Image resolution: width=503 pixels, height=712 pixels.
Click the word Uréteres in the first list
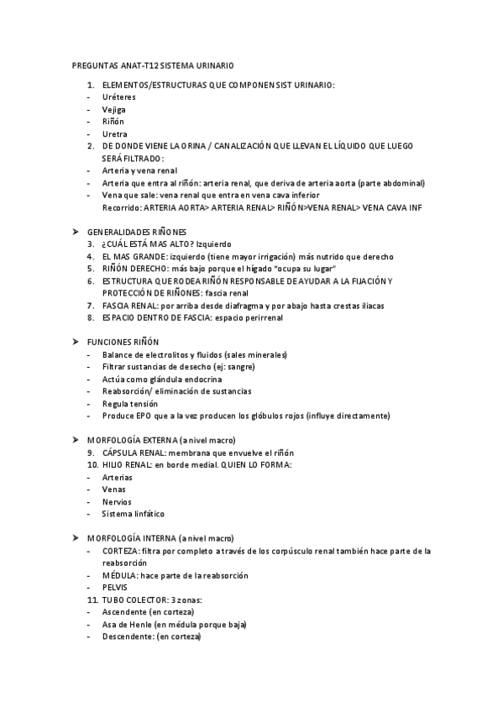coord(118,97)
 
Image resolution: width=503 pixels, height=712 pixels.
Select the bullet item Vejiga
coord(114,109)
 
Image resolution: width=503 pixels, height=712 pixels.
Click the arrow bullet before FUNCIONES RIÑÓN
coord(75,342)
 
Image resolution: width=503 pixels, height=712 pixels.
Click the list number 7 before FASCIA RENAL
coord(90,306)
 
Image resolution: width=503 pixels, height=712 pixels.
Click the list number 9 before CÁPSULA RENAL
coord(90,453)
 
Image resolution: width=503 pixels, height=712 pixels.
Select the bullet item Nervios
coord(117,501)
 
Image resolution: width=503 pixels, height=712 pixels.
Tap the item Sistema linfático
coord(134,513)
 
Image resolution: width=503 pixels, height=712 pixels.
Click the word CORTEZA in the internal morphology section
coord(120,551)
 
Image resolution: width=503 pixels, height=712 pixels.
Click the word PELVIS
coord(115,587)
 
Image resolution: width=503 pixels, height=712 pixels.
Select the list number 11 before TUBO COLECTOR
coord(92,599)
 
